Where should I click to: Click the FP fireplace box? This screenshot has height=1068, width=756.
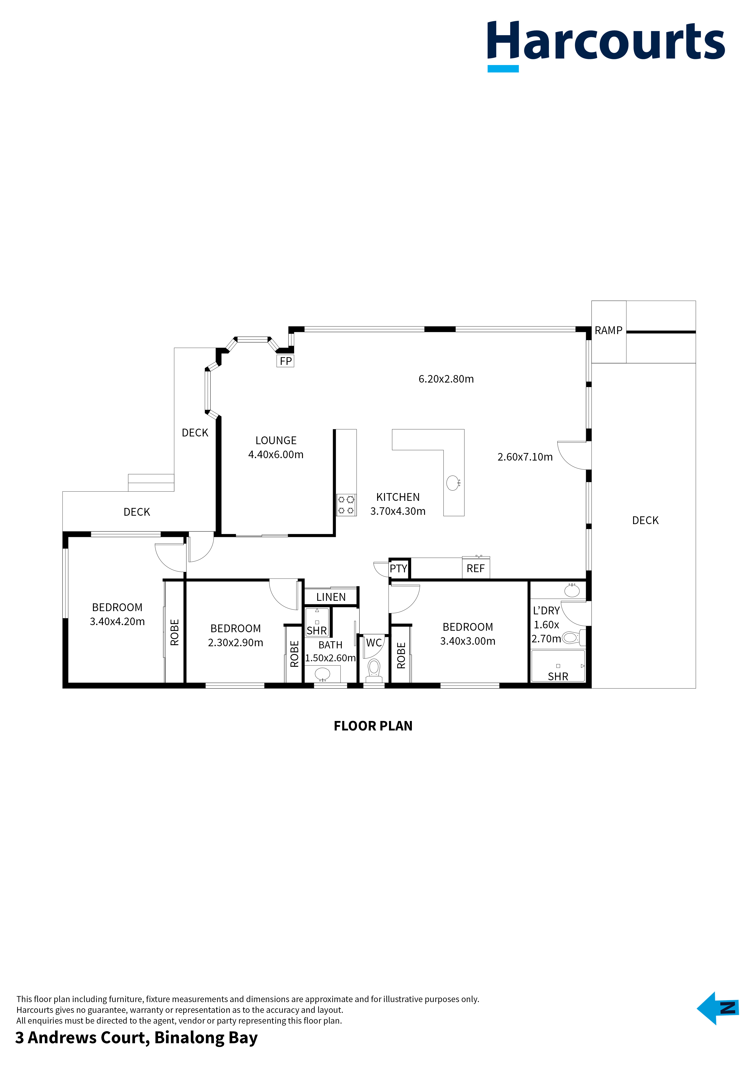tap(285, 361)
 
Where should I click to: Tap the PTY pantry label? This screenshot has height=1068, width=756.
tap(398, 568)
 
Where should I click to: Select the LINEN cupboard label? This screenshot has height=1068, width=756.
tap(331, 597)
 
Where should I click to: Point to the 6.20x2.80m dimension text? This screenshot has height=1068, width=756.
tap(446, 379)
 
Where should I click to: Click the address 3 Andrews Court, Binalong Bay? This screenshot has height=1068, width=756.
tap(136, 1038)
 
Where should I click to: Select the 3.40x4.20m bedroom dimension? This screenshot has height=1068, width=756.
tap(117, 621)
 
